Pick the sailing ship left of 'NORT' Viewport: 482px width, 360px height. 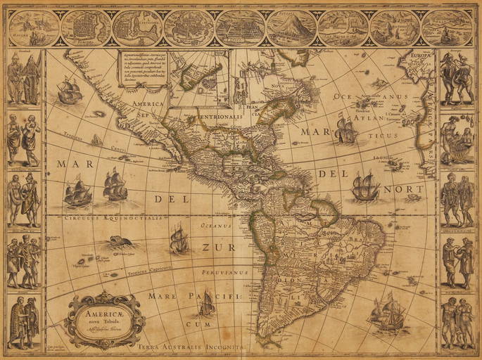click(364, 186)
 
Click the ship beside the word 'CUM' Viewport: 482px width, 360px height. click(206, 303)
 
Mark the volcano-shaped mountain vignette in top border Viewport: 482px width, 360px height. click(291, 27)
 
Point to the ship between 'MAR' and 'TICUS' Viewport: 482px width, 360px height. click(346, 131)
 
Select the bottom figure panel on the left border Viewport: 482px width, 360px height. click(24, 322)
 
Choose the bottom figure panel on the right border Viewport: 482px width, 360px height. click(457, 322)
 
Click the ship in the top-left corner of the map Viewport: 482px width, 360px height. click(69, 90)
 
